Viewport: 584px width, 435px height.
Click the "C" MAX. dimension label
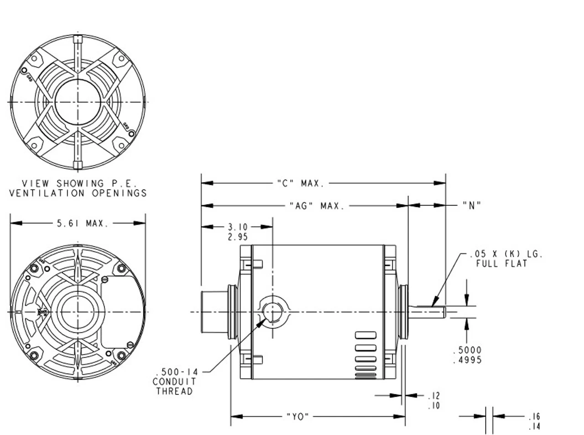pos(301,183)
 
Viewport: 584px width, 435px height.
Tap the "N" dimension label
pos(472,206)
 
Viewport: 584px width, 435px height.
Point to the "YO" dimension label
pos(298,416)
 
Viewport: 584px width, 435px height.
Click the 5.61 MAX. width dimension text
pos(83,223)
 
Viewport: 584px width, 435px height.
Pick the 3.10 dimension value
pos(237,227)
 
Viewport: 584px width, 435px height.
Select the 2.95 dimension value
pos(237,237)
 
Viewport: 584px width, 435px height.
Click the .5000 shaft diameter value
pos(467,350)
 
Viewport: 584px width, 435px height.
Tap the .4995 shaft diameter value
pos(467,360)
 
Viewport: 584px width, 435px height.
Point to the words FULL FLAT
pos(501,264)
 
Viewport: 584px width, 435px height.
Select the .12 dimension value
pos(434,396)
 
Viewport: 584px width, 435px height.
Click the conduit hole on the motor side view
pos(272,312)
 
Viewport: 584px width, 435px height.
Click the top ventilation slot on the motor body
pos(365,335)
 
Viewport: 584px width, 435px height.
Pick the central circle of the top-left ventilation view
pos(78,101)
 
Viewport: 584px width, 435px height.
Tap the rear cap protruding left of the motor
pos(214,312)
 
